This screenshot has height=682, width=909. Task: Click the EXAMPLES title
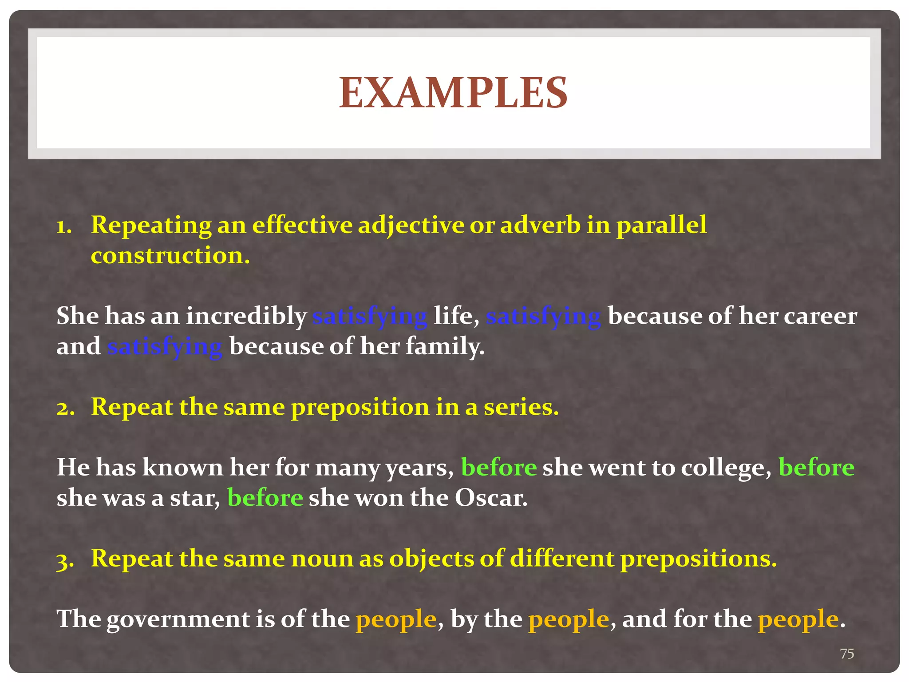453,92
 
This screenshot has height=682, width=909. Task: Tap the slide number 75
847,654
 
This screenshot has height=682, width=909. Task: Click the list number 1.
64,226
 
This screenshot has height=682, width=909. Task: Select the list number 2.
65,408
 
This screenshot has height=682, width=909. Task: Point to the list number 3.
65,560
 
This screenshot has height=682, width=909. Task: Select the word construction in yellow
170,256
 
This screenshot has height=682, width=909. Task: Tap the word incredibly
246,317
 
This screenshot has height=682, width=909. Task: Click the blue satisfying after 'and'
165,347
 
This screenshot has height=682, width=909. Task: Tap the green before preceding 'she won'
265,498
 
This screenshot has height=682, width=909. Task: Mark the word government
178,619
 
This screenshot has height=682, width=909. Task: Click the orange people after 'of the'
396,619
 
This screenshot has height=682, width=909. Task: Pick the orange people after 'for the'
798,619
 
